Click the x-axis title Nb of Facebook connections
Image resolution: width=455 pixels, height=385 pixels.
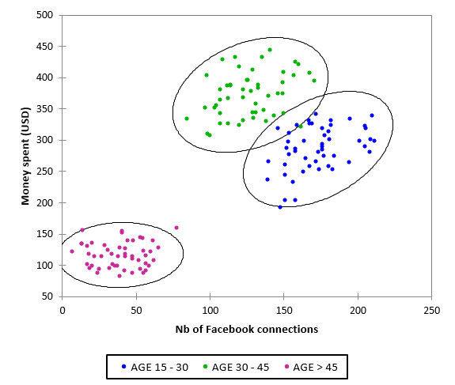[247, 329]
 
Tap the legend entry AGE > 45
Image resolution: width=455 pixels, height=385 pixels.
[313, 366]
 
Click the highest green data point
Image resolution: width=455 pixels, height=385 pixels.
[270, 50]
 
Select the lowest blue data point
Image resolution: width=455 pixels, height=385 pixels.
[280, 207]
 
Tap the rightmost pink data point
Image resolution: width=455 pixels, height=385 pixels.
[176, 228]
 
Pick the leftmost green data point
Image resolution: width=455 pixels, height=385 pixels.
[187, 119]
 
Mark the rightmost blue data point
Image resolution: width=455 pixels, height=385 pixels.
[374, 141]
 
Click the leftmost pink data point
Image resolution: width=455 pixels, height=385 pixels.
[72, 251]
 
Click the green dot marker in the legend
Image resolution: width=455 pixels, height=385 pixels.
[205, 367]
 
